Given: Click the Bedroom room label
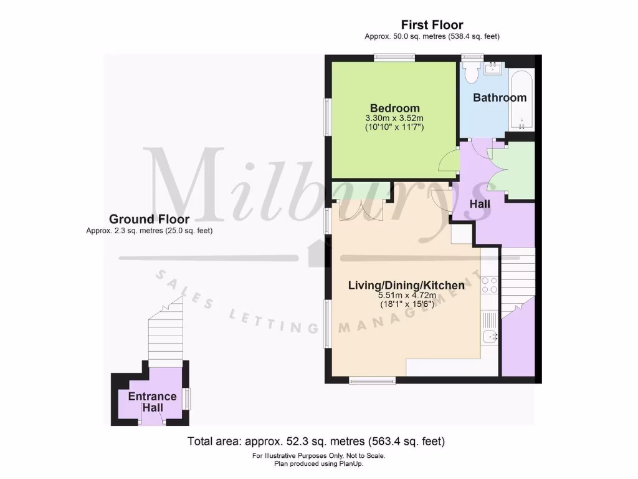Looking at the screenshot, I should pyautogui.click(x=394, y=108).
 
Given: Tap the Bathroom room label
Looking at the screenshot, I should pyautogui.click(x=500, y=97).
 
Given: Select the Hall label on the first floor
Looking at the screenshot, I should pyautogui.click(x=480, y=204).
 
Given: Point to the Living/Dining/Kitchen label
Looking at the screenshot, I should pyautogui.click(x=406, y=286).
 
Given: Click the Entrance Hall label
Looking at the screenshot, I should pyautogui.click(x=152, y=402).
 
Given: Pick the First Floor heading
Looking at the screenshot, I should pyautogui.click(x=432, y=25).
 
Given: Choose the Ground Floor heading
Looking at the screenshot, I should pyautogui.click(x=149, y=219).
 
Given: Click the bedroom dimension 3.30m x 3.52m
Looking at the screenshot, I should pyautogui.click(x=394, y=118).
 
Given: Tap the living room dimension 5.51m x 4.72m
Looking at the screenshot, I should pyautogui.click(x=406, y=296).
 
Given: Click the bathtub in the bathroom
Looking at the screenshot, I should pyautogui.click(x=521, y=100).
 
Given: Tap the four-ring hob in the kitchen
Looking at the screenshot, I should pyautogui.click(x=490, y=285).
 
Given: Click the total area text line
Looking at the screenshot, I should pyautogui.click(x=317, y=442).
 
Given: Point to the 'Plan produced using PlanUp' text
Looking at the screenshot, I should pyautogui.click(x=319, y=463).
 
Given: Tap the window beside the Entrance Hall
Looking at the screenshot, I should pyautogui.click(x=187, y=397).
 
